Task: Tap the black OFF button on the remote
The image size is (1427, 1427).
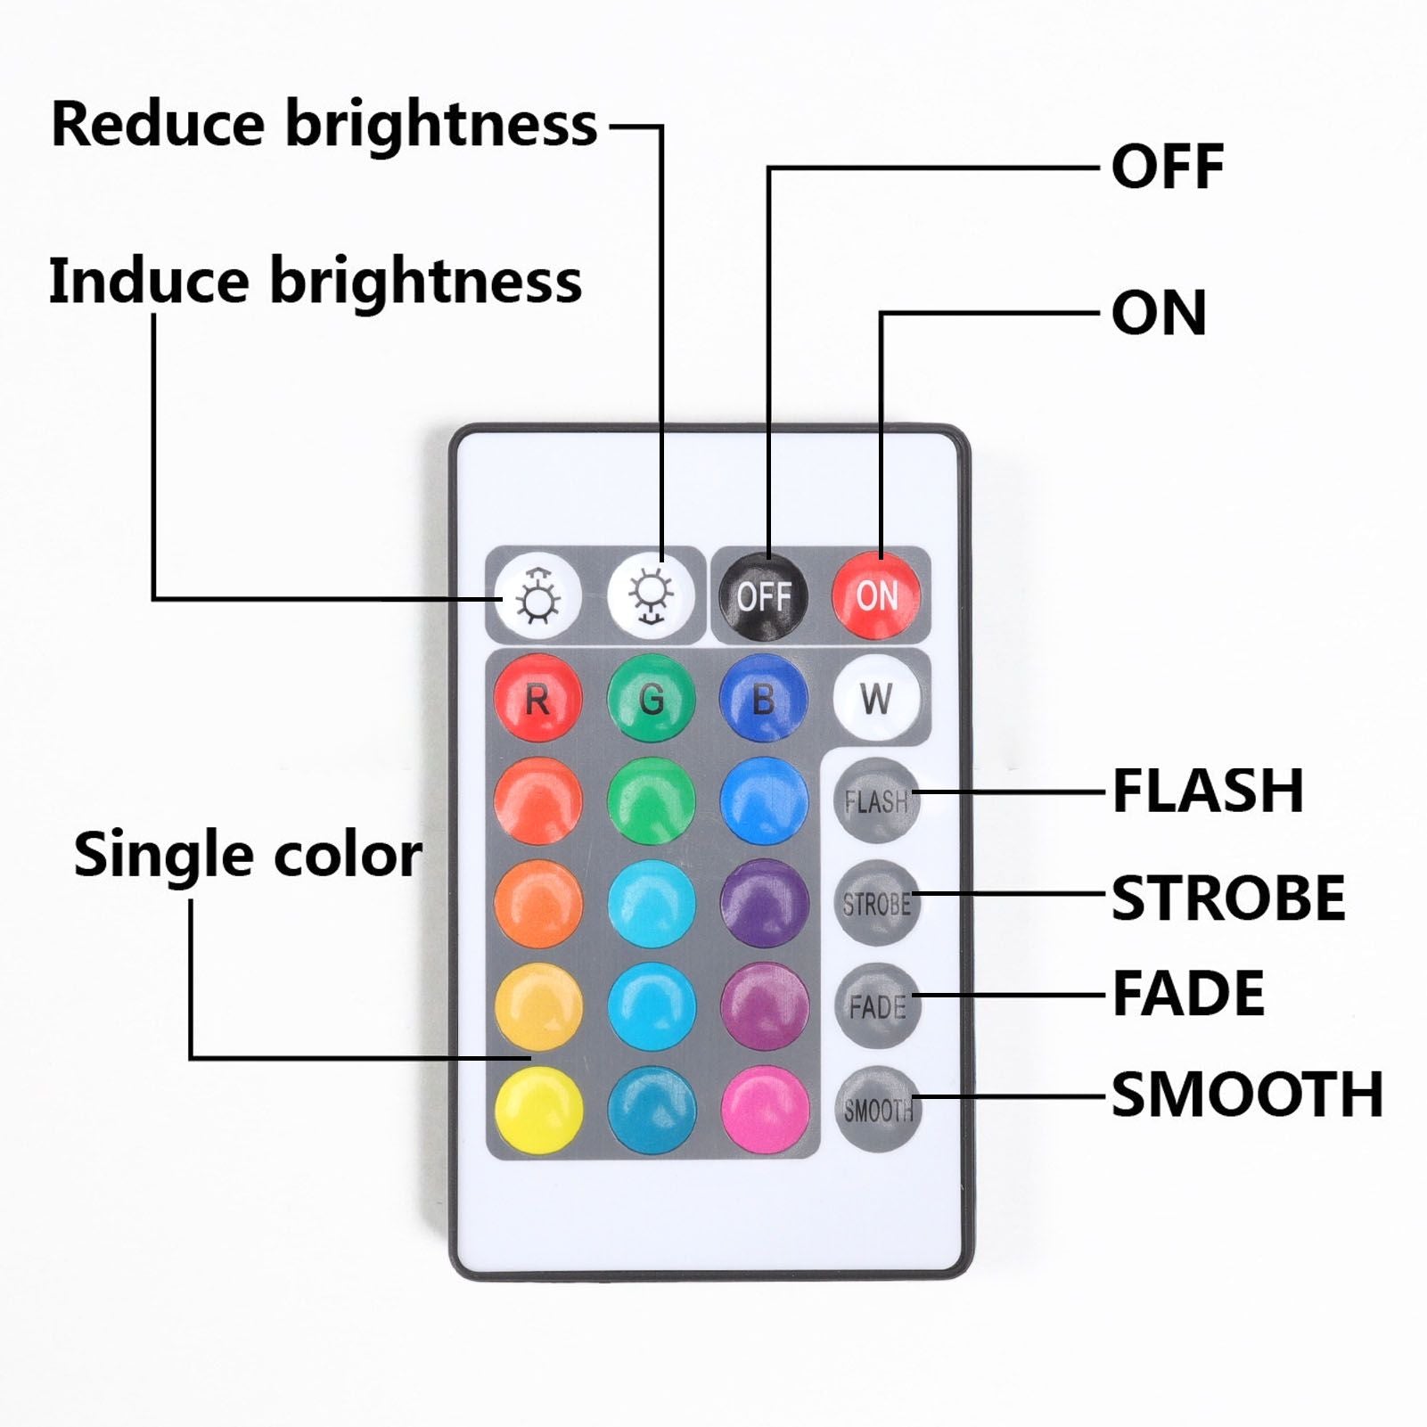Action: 764,596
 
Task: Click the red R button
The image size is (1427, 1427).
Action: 537,698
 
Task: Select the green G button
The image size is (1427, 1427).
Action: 652,698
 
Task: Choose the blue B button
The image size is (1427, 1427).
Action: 764,698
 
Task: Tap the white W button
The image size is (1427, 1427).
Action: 877,698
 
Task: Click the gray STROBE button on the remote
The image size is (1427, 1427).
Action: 877,903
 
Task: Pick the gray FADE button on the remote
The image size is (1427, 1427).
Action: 877,1006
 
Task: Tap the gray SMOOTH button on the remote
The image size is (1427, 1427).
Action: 877,1109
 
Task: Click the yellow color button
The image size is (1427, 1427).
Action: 538,1110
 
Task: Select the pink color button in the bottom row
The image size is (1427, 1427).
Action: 765,1110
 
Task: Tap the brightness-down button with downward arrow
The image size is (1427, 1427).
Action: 652,596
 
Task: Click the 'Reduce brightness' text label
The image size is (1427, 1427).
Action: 324,123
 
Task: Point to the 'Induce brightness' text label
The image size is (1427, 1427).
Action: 316,282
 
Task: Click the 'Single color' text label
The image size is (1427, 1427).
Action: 248,855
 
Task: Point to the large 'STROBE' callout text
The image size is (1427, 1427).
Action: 1228,898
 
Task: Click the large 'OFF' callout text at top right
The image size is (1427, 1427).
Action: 1168,167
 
